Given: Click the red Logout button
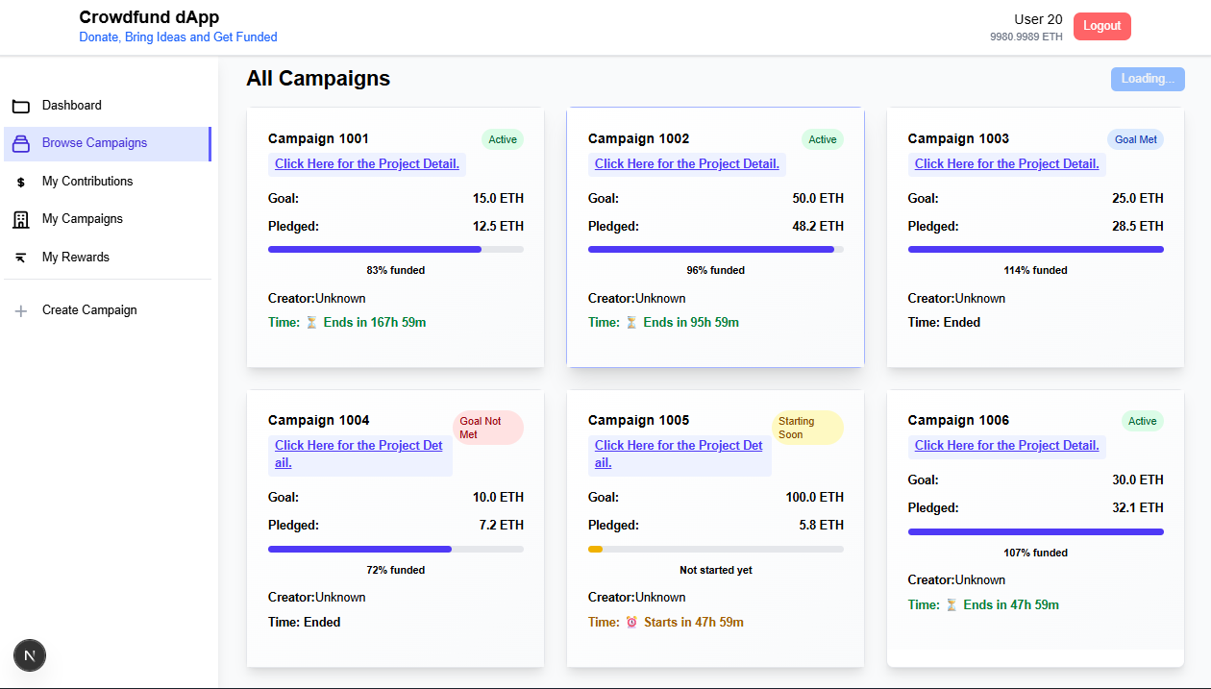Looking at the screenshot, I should [x=1101, y=26].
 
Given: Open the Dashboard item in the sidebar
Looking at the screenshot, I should [x=71, y=105].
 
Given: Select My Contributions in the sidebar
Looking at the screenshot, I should [x=87, y=181].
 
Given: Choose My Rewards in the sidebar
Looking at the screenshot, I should [x=75, y=257].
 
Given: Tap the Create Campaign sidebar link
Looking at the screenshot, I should [x=89, y=309].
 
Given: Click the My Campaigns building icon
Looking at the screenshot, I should [x=20, y=219].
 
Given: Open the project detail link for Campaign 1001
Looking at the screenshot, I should [x=367, y=163].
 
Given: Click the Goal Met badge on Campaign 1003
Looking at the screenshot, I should [x=1135, y=139].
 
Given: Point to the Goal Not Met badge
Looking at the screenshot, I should [x=487, y=428].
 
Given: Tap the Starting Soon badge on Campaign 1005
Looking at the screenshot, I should [x=807, y=428].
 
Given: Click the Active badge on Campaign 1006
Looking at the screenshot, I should [x=1142, y=421].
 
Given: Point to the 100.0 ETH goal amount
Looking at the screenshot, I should [x=814, y=497].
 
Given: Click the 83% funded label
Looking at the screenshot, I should [x=395, y=270].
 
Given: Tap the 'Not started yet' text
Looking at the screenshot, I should [x=715, y=570].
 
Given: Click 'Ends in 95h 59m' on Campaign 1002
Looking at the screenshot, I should [x=690, y=322].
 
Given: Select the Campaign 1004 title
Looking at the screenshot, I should [x=318, y=420].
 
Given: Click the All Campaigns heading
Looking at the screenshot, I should [x=318, y=78].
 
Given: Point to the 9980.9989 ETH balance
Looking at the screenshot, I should [x=1026, y=37].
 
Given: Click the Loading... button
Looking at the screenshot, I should [x=1147, y=79].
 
